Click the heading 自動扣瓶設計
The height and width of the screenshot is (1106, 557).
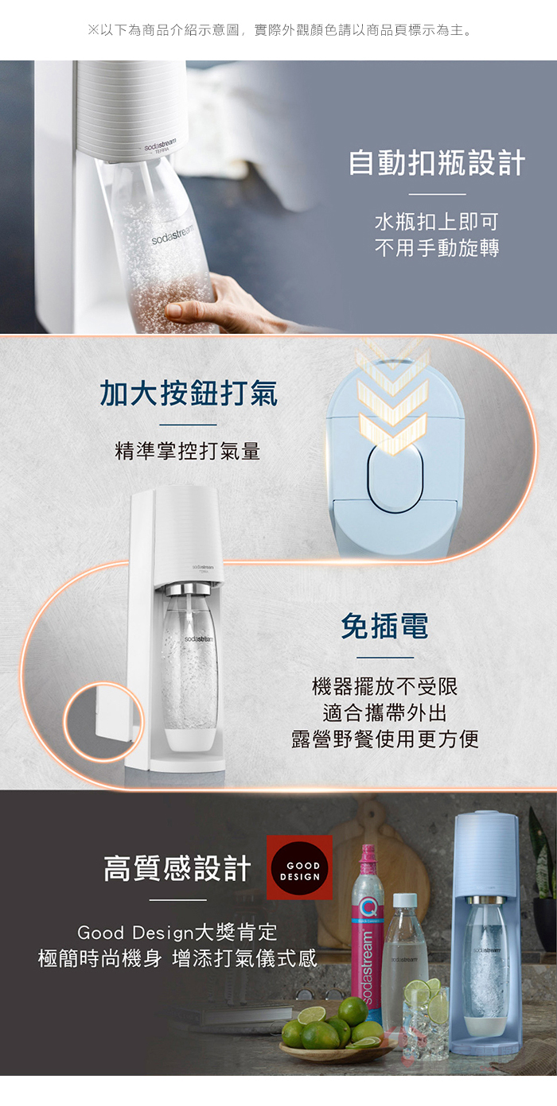click(437, 163)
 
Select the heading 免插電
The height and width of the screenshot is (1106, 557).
click(384, 626)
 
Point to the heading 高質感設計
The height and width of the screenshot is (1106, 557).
click(177, 868)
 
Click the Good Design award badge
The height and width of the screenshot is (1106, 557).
click(299, 867)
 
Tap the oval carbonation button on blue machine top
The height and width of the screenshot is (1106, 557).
click(395, 478)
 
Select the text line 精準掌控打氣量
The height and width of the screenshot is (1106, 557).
click(187, 451)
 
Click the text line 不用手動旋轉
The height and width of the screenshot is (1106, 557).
click(437, 247)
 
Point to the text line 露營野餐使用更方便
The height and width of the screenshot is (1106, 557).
click(385, 739)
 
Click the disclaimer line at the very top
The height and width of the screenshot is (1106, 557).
click(280, 30)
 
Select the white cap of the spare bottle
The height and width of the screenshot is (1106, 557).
click(405, 900)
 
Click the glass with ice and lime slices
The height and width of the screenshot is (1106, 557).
click(423, 1015)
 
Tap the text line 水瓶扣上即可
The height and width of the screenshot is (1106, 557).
click(437, 222)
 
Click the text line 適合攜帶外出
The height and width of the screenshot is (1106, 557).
click(385, 712)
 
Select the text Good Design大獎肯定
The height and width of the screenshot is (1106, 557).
click(177, 932)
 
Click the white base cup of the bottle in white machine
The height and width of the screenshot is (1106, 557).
click(190, 739)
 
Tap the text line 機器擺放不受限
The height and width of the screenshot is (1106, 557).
click(385, 686)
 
